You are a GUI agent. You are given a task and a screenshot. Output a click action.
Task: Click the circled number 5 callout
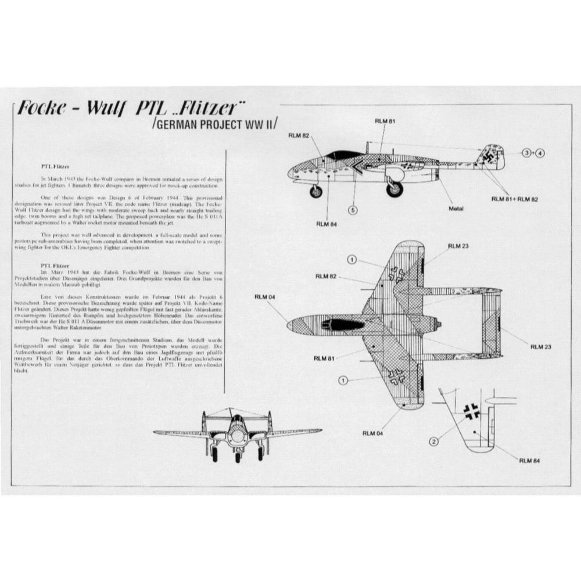pos(353,209)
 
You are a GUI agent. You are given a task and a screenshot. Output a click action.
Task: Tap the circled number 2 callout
pos(433,441)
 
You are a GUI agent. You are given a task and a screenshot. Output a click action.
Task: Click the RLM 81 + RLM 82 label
pos(514,199)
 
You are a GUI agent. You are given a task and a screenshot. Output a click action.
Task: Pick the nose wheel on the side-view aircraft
pos(315,191)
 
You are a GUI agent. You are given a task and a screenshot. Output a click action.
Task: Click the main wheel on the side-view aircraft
pos(394,188)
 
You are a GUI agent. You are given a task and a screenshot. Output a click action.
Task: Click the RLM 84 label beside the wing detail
pos(529,461)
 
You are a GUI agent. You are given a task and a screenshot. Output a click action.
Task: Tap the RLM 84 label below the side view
pos(328,223)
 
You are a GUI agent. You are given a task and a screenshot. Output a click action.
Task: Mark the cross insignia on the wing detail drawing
pos(471,411)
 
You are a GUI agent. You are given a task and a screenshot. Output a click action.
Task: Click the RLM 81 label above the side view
pos(385,121)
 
